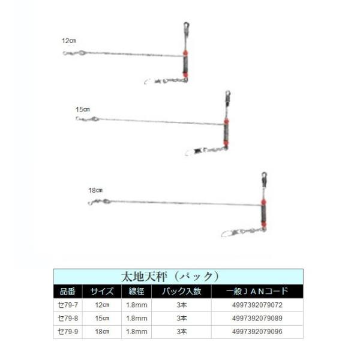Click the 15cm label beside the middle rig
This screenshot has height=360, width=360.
pyautogui.click(x=82, y=109)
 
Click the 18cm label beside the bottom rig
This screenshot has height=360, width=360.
pyautogui.click(x=96, y=190)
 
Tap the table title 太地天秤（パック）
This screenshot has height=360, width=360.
pyautogui.click(x=178, y=277)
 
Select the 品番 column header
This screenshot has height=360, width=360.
pyautogui.click(x=68, y=292)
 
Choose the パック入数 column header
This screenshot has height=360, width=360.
pyautogui.click(x=181, y=292)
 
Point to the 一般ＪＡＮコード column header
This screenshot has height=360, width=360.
pyautogui.click(x=258, y=292)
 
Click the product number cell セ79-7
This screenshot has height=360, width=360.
pyautogui.click(x=68, y=305)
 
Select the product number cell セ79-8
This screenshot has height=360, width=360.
pyautogui.click(x=68, y=318)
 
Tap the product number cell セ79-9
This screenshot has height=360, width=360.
pyautogui.click(x=68, y=331)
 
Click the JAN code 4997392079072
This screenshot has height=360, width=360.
pyautogui.click(x=258, y=305)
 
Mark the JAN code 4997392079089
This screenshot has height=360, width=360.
pyautogui.click(x=258, y=318)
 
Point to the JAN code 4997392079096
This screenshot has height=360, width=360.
pyautogui.click(x=258, y=331)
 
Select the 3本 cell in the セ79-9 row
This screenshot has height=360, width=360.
pyautogui.click(x=181, y=331)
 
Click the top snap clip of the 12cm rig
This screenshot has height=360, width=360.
pyautogui.click(x=186, y=28)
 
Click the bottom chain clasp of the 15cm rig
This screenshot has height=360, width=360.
pyautogui.click(x=193, y=152)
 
